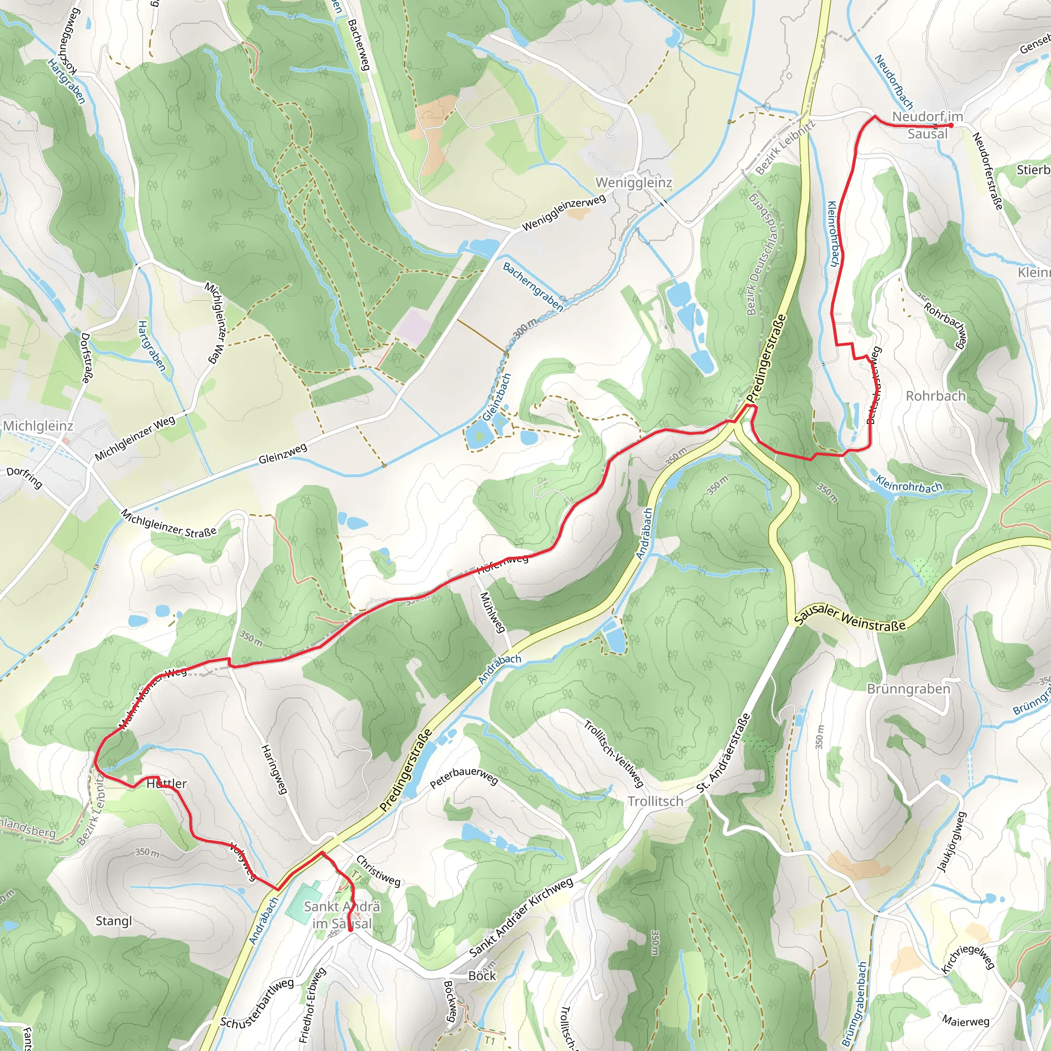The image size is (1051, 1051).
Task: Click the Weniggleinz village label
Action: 634,183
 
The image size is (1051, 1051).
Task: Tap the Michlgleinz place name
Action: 38,425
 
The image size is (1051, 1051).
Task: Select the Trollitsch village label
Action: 655,801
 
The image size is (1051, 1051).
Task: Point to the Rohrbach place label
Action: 935,396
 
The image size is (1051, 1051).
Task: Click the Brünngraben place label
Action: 908,689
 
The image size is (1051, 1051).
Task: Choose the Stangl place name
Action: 114,921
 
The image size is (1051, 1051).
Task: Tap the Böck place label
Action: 482,976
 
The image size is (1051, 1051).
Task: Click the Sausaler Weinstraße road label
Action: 849,618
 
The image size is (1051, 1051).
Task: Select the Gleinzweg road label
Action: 282,454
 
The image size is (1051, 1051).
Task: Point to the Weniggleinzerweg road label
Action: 563,212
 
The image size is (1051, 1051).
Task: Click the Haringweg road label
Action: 274,769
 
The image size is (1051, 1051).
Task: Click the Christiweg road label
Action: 378,870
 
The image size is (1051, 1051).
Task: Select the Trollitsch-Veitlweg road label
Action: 614,753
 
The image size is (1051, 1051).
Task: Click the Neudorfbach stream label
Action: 893,82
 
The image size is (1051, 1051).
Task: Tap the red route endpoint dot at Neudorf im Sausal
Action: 950,125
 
